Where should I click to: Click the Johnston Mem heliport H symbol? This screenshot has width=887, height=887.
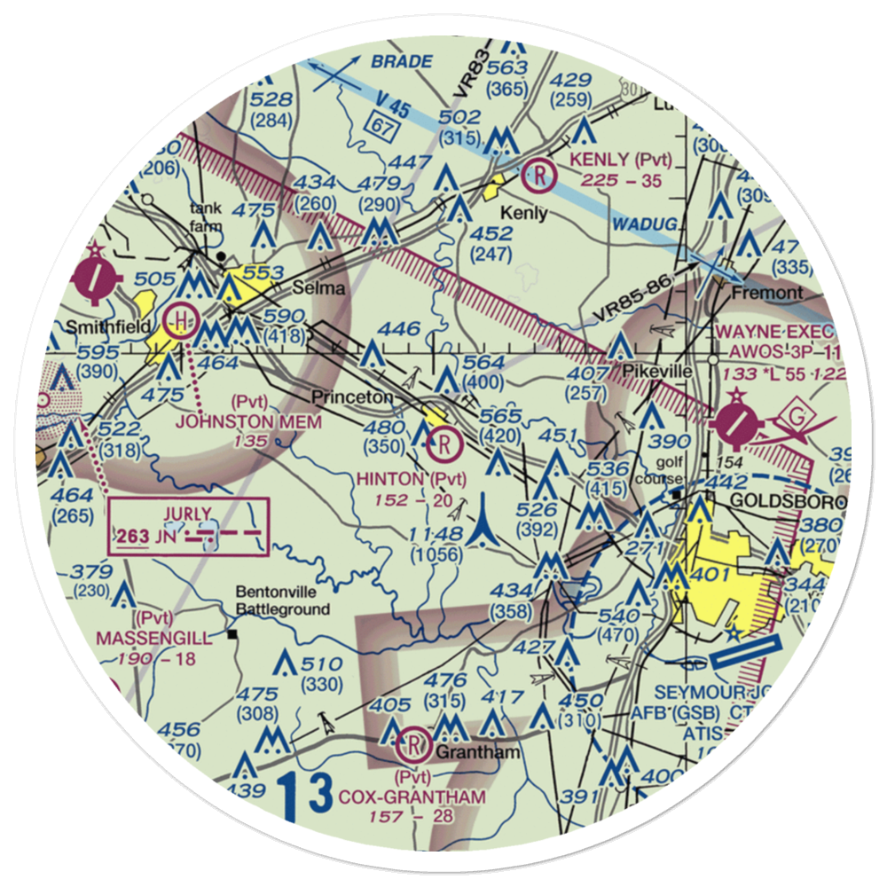point(181,318)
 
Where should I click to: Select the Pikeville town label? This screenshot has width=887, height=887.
point(656,371)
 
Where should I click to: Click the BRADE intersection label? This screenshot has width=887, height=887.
point(401,62)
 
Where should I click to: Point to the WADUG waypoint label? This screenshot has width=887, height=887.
point(642,224)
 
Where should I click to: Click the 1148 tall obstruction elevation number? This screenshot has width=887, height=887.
point(436,534)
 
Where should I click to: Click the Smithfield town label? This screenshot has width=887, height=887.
point(106,326)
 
